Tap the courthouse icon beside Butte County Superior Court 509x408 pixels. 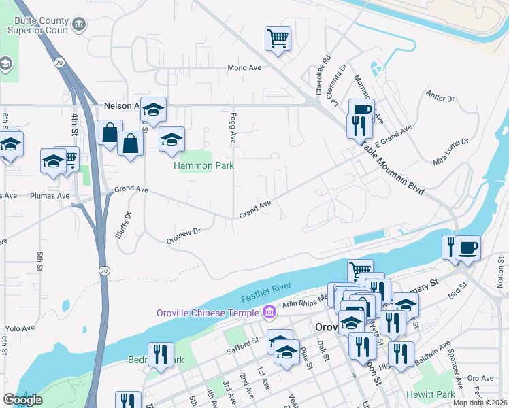tap(80, 25)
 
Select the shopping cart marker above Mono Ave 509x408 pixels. tap(278, 39)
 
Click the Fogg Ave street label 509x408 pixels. tap(233, 128)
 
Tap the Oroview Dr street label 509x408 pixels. tap(184, 235)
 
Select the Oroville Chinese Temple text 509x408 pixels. tap(208, 313)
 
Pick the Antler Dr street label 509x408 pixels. tap(440, 95)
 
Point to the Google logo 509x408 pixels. tap(22, 400)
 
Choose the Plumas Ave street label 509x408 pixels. tap(50, 196)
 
